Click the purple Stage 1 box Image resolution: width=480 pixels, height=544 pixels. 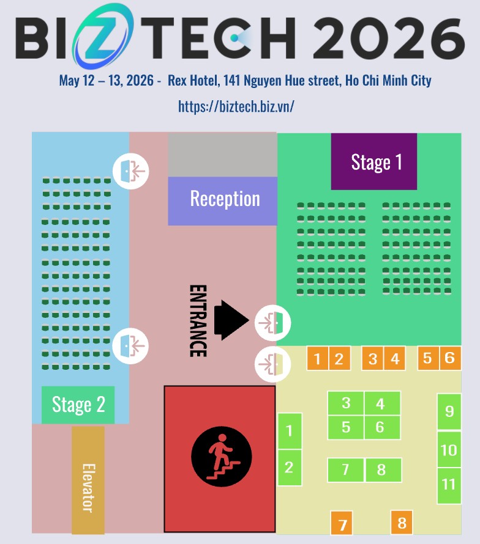point(373,161)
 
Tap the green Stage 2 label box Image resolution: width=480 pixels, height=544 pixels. point(78,405)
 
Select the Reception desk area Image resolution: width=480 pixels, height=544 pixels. point(222,201)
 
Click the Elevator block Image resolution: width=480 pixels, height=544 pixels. point(88,480)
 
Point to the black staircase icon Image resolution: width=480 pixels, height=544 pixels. point(222,457)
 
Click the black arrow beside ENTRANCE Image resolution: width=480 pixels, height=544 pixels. point(231,320)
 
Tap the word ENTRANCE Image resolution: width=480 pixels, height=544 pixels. point(198,321)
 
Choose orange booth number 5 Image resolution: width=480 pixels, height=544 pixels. point(428,358)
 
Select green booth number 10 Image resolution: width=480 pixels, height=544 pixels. point(449,450)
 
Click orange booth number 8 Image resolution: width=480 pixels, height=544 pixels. point(402,523)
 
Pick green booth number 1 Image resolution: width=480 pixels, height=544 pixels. point(290,431)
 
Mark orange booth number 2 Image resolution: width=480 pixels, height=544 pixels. point(339,358)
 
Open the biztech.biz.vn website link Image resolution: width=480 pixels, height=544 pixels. point(236,106)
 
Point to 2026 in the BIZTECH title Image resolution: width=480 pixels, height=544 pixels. point(389,38)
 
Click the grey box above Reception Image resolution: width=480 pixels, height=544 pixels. point(222,155)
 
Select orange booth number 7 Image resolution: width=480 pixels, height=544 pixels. point(342,523)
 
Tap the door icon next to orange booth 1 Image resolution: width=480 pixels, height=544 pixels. point(273,364)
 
